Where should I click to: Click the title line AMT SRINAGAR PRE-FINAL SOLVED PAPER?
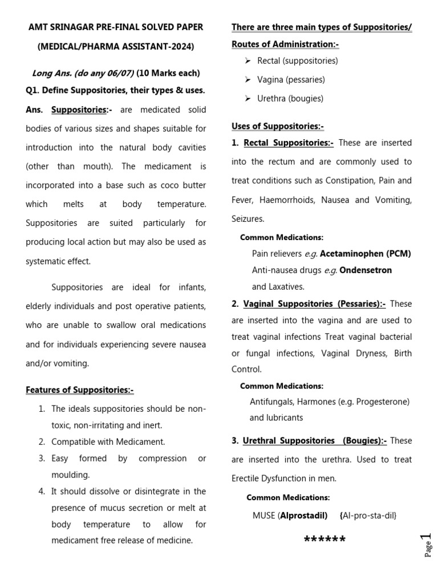[116, 27]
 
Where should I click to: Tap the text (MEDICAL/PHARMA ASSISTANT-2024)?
[116, 46]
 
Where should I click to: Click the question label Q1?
[33, 91]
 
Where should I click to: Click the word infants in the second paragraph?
[192, 286]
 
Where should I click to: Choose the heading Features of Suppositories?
[79, 390]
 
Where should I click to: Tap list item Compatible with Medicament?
[108, 441]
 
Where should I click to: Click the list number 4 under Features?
[42, 491]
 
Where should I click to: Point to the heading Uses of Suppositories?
[278, 126]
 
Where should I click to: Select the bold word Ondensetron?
[366, 270]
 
